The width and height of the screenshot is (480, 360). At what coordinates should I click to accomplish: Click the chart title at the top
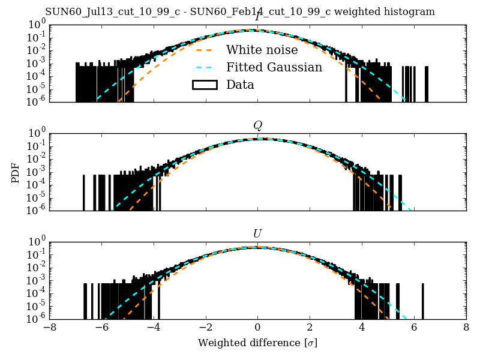[240, 12]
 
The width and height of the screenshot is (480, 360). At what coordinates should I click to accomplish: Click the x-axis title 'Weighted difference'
[257, 343]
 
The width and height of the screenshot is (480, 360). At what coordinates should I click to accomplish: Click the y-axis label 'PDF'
[16, 172]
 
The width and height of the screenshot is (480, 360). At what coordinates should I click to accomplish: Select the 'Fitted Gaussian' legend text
[274, 67]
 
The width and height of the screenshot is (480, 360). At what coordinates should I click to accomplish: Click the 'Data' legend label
[240, 85]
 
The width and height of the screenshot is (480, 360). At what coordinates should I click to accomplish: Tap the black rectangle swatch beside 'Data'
[204, 85]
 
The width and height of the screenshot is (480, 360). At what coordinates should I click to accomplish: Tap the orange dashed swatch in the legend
[204, 50]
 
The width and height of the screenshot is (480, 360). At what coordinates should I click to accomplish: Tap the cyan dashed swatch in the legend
[204, 67]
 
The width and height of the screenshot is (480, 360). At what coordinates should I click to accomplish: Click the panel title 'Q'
[257, 125]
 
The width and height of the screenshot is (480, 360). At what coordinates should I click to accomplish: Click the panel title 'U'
[257, 233]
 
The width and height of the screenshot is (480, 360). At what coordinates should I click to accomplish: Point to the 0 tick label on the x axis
[257, 328]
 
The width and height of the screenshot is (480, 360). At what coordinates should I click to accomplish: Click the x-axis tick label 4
[362, 328]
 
